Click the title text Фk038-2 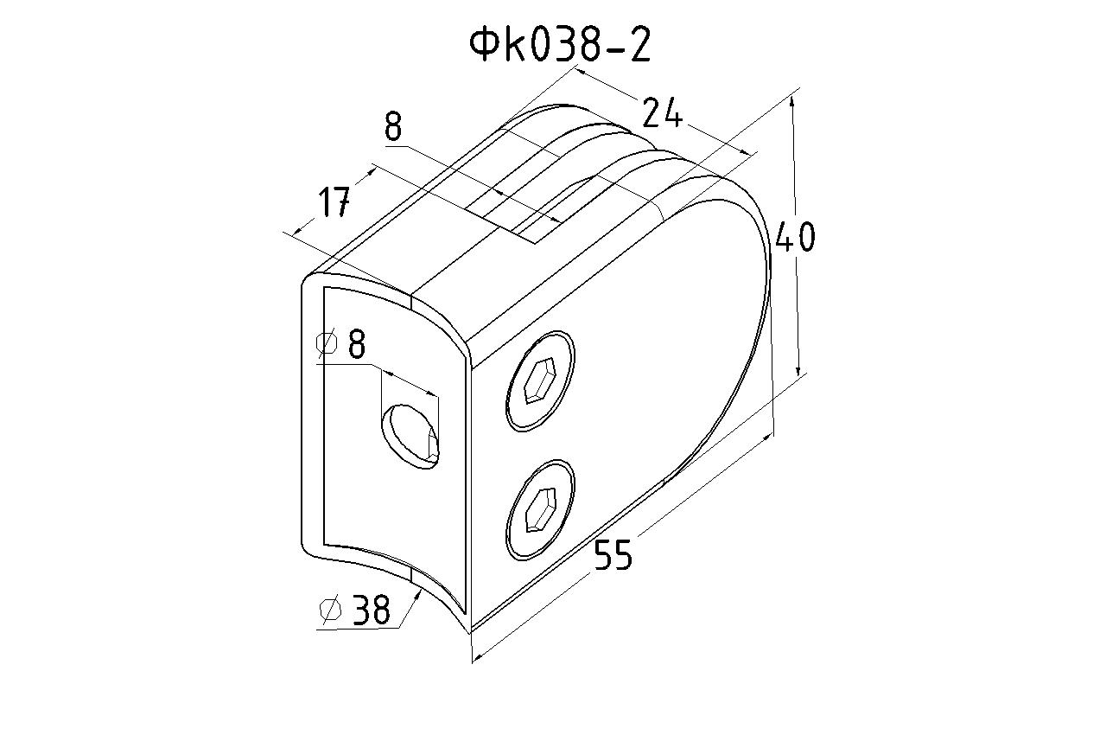(x=560, y=45)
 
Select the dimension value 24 (x=662, y=113)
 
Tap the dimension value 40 (x=795, y=237)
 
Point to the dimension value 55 (x=613, y=554)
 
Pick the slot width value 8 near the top (x=393, y=126)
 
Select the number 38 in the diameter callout (x=372, y=609)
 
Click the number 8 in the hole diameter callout (x=357, y=343)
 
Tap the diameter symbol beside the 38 (x=331, y=609)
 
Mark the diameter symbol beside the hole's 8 (x=327, y=342)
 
